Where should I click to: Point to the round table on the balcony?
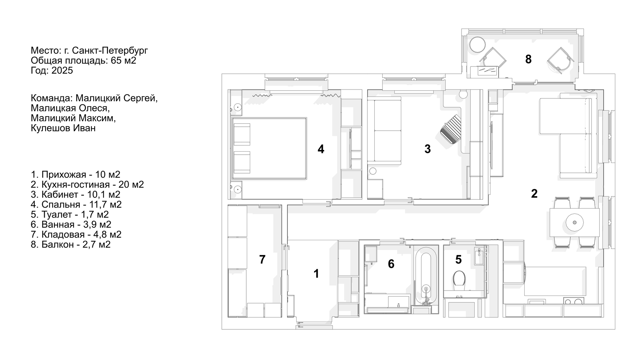[x=477, y=45]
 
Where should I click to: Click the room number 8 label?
[x=528, y=59]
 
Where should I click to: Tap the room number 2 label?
[x=534, y=193]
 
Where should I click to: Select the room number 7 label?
[x=262, y=260]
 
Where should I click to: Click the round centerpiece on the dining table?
[x=575, y=222]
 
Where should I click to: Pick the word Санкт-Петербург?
[x=110, y=50]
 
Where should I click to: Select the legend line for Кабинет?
[x=76, y=194]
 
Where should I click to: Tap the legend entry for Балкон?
[x=71, y=244]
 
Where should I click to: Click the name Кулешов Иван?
[x=63, y=128]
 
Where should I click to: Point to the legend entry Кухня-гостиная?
[x=87, y=185]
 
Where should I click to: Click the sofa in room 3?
[x=384, y=131]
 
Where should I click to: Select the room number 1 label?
[x=316, y=273]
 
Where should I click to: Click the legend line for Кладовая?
[x=76, y=235]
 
